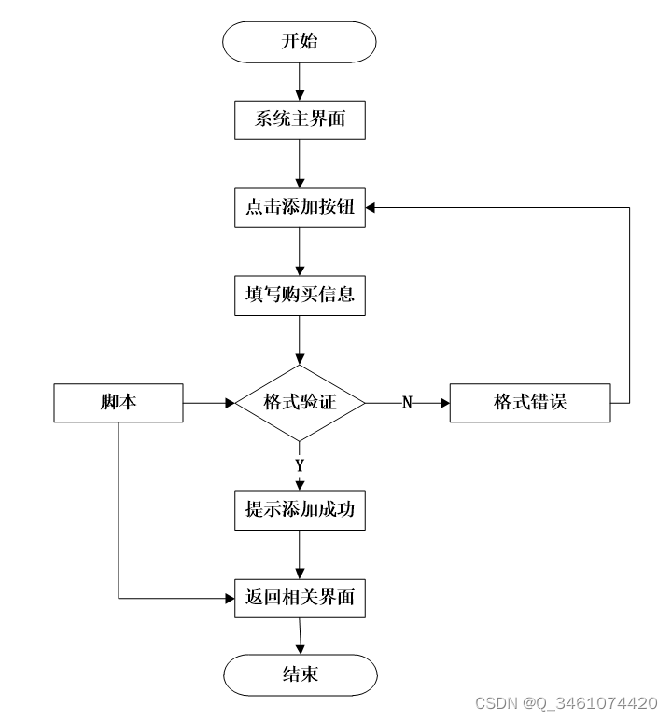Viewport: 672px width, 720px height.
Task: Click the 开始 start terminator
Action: point(300,42)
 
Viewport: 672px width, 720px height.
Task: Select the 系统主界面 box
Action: point(300,120)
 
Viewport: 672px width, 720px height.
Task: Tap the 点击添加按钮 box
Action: point(300,207)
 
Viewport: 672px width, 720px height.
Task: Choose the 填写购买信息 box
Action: point(300,296)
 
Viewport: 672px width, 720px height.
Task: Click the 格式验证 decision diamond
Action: point(300,403)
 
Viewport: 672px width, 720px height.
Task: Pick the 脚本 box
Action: point(119,403)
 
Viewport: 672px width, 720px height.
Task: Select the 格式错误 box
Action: point(530,403)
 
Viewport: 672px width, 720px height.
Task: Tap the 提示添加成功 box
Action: point(300,510)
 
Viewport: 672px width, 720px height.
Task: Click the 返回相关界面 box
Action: point(300,599)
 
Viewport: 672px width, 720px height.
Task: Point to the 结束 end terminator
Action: point(301,675)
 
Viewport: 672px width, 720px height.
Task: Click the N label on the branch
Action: point(407,402)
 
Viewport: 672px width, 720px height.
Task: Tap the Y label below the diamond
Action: point(300,465)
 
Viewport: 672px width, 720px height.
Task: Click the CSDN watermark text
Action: point(566,703)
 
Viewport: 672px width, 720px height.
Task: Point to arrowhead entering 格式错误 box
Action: point(445,403)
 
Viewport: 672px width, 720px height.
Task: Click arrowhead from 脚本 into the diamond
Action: point(230,403)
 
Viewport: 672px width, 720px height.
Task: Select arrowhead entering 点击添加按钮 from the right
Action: point(371,208)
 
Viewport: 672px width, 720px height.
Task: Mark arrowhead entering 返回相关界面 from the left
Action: point(230,599)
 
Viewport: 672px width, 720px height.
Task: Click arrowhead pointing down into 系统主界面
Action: point(300,95)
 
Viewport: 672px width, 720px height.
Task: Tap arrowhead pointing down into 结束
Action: point(301,649)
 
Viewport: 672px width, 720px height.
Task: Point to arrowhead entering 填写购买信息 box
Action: point(300,270)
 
